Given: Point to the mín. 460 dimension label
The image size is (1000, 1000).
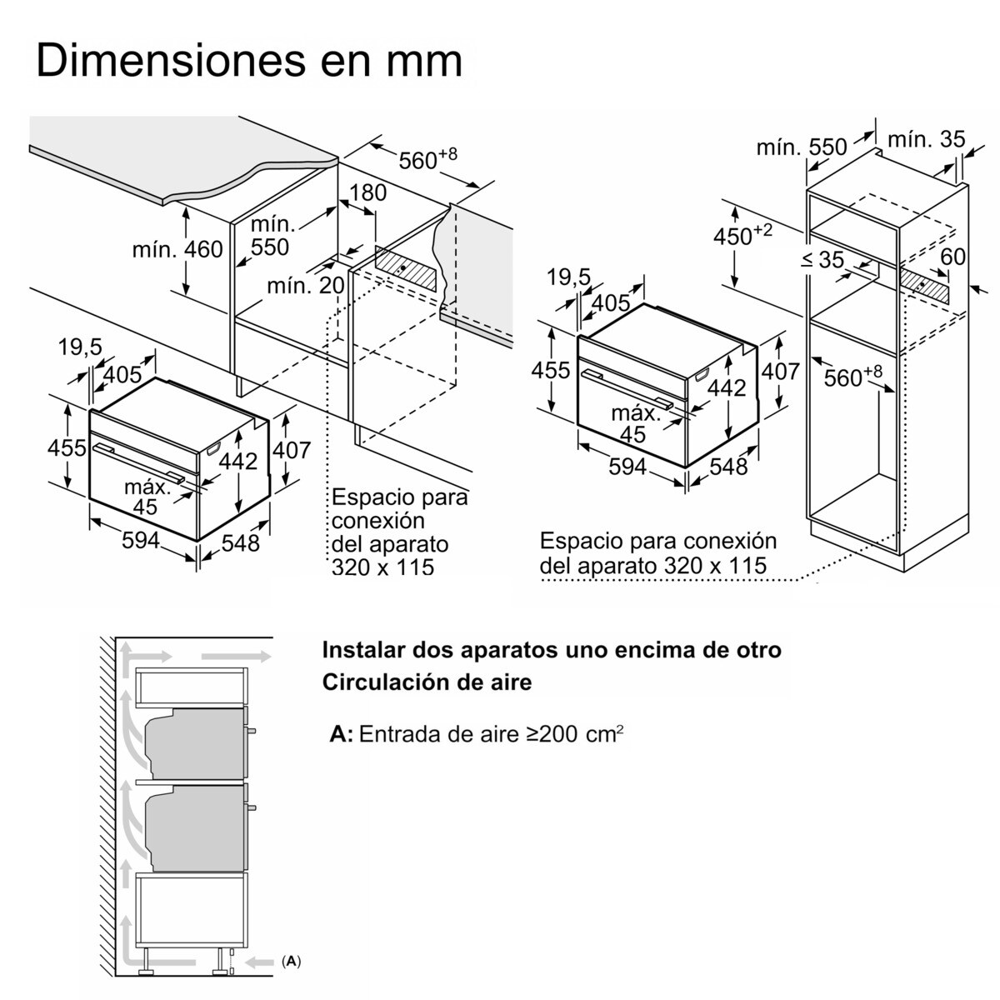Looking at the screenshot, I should point(177,248).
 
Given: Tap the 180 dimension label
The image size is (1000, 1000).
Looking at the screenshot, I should point(367,192).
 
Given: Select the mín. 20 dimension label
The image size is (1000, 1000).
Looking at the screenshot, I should point(305,286).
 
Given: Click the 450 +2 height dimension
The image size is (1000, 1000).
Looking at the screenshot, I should point(742,236).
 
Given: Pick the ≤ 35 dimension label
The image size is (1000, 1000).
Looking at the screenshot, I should point(822,259).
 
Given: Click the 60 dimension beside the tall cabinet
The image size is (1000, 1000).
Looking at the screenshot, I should point(952,256).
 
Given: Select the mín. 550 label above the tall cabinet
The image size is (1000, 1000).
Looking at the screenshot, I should point(801,147).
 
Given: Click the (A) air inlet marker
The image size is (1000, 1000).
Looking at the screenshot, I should point(291,962).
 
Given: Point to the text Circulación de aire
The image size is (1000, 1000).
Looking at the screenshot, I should point(427,682).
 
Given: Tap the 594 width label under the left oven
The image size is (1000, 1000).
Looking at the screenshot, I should point(141,540).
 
